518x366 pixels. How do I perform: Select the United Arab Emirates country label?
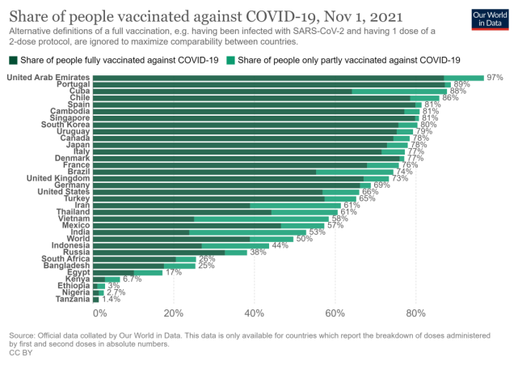click(48, 77)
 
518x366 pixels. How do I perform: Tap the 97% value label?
click(495, 78)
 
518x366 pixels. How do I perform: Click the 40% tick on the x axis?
click(254, 313)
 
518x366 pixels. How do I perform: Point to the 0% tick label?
click(99, 313)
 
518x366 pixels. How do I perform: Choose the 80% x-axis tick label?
click(415, 313)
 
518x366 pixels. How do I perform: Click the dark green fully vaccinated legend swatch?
click(13, 60)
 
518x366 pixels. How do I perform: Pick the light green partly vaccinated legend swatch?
click(232, 60)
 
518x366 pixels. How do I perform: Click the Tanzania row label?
click(68, 300)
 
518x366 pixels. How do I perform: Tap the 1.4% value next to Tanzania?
click(112, 300)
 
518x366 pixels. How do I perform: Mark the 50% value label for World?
click(305, 239)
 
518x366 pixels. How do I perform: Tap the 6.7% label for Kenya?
click(133, 279)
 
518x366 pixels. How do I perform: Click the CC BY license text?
click(19, 353)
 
